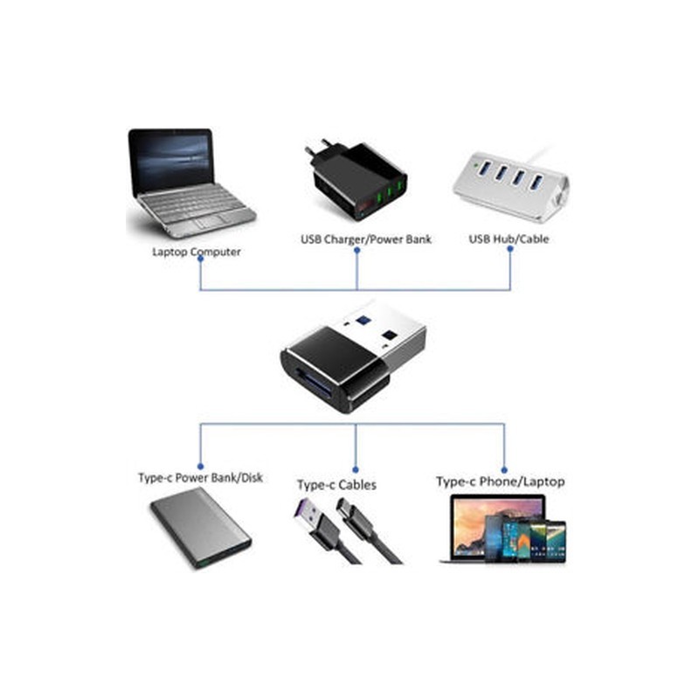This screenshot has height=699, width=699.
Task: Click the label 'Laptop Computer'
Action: [x=197, y=252]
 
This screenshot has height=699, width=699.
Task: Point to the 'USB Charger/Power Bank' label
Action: [x=366, y=239]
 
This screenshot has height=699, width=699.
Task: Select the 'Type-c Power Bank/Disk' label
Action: [x=200, y=478]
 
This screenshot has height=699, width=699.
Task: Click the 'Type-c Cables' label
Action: [x=336, y=484]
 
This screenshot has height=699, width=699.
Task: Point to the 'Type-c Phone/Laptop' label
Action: [x=500, y=481]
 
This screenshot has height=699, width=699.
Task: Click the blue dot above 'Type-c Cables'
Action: [x=355, y=466]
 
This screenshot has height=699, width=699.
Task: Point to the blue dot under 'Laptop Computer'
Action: [x=200, y=263]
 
